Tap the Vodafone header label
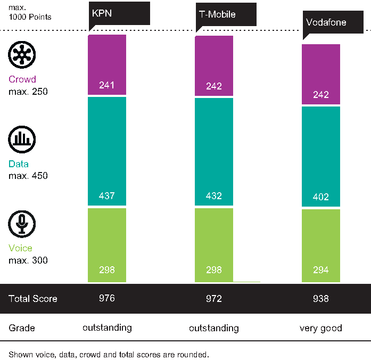coord(326,23)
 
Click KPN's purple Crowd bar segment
coord(107,64)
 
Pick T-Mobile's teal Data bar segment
coord(214,151)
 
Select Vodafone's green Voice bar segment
coord(321,246)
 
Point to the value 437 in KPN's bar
coord(107,195)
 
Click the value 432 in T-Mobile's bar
coord(214,195)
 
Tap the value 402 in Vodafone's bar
coord(321,197)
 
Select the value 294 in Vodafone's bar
coord(321,270)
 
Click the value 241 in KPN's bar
coord(107,85)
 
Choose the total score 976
coord(107,298)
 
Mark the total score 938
coord(321,299)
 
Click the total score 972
coord(214,299)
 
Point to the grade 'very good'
coord(321,328)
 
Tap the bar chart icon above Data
coord(22,139)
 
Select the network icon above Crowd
coord(22,55)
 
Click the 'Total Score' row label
coord(32,299)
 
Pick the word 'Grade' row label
coord(22,328)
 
